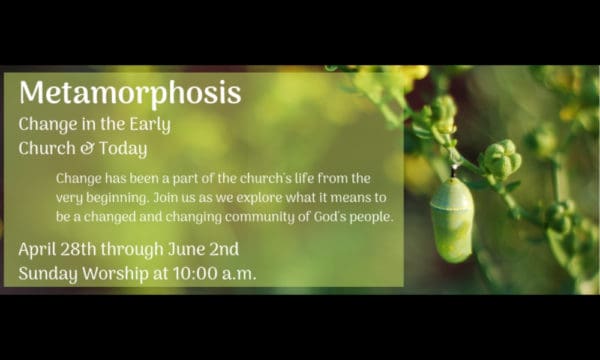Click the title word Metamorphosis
coord(130,93)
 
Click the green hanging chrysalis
coord(452,218)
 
